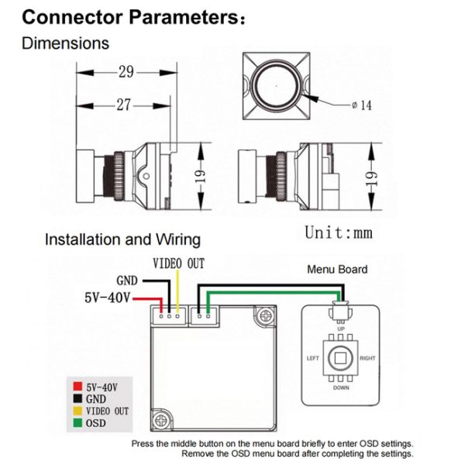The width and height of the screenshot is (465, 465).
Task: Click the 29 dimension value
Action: coord(126,72)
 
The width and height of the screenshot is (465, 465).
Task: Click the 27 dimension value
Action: coord(123,105)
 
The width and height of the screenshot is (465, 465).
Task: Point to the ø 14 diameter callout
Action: coord(361,105)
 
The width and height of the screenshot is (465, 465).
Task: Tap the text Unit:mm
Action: coord(339,232)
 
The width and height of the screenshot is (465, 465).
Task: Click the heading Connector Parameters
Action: coord(133,17)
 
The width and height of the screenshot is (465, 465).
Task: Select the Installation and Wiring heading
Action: coord(122,239)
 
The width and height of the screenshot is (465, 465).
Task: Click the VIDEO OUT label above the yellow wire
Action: coord(178,263)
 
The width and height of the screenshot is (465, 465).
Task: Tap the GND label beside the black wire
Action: coord(127,281)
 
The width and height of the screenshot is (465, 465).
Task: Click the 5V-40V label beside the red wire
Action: coord(108,298)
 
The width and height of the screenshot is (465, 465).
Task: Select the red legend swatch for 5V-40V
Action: coord(77,387)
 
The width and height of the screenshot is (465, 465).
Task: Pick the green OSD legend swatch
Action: coord(77,422)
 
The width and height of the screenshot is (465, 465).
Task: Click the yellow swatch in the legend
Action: coord(77,411)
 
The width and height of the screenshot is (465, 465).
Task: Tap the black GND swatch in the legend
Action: coord(77,398)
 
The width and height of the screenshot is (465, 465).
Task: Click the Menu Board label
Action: coord(337,269)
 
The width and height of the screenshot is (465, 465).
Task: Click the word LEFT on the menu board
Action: coord(312,358)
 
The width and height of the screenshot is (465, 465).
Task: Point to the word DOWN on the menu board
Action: coord(341,387)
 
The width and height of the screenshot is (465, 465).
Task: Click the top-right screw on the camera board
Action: coord(265,316)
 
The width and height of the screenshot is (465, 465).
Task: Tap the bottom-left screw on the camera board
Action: coord(161,420)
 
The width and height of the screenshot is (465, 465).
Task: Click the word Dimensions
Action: coord(65,43)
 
